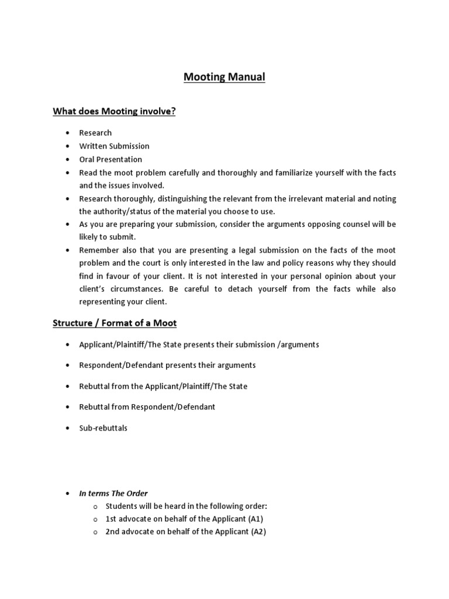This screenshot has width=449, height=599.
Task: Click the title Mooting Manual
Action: point(224,77)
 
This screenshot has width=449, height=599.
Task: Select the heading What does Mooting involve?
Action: point(114,111)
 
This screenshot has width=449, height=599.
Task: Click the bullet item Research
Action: point(95,133)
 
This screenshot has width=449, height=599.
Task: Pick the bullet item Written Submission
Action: point(114,146)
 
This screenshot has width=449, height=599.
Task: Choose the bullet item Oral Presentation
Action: point(110,159)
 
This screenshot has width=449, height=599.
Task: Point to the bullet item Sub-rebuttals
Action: point(103,428)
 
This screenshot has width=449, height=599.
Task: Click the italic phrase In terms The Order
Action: point(113,493)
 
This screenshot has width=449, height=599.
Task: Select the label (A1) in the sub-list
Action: point(259,519)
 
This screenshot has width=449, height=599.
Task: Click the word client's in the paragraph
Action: point(95,289)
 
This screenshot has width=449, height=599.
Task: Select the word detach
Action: point(233,289)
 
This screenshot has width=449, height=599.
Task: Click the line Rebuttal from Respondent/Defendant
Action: point(147,407)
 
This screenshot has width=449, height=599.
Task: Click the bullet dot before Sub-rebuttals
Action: point(68,428)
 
